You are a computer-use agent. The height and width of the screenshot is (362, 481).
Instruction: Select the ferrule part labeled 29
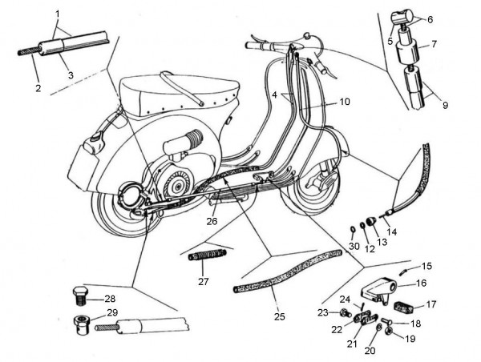82,324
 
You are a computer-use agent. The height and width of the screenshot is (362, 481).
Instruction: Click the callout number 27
203,281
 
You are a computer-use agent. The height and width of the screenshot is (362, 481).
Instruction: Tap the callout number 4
276,95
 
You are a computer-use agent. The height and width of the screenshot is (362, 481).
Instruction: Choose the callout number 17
430,304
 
